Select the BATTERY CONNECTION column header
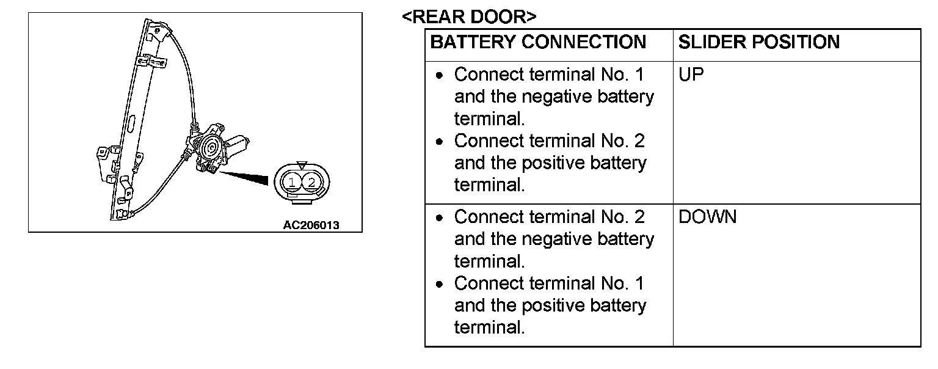tap(538, 42)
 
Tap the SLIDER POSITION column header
tap(758, 42)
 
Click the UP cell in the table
tap(691, 75)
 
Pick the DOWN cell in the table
tap(707, 217)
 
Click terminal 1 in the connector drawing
tap(293, 182)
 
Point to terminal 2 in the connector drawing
tap(311, 182)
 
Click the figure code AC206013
tap(311, 225)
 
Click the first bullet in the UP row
tap(440, 76)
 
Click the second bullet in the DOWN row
tap(440, 284)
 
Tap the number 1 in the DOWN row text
tap(638, 283)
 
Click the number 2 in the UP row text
tap(638, 141)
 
